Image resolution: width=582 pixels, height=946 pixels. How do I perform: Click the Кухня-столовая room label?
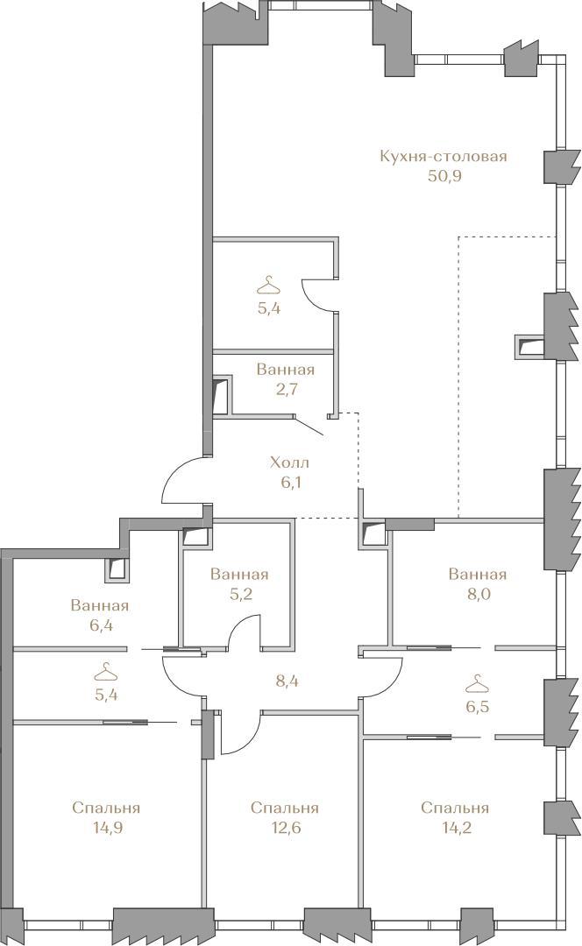(444, 156)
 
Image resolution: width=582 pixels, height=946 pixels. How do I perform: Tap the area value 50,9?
(444, 176)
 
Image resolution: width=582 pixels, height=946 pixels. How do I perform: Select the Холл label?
(289, 462)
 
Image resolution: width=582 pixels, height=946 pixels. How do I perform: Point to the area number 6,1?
(290, 483)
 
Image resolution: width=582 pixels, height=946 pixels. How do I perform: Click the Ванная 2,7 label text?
(286, 379)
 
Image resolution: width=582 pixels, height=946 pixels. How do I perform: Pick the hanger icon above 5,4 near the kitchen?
(269, 285)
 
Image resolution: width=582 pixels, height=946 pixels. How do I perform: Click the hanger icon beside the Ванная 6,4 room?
(106, 671)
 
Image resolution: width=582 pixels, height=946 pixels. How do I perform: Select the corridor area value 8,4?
(287, 681)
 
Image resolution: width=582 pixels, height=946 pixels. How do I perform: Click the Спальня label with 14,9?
(106, 808)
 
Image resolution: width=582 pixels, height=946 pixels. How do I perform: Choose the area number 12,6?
(284, 827)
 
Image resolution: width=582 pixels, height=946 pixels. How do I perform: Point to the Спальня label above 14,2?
(455, 808)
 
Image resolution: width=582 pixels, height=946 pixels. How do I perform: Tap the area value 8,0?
(479, 594)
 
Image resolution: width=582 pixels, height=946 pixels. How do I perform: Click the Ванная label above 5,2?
(239, 574)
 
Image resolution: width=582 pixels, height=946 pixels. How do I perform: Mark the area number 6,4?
(102, 625)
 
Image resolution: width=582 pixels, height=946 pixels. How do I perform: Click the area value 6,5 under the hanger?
(478, 706)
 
